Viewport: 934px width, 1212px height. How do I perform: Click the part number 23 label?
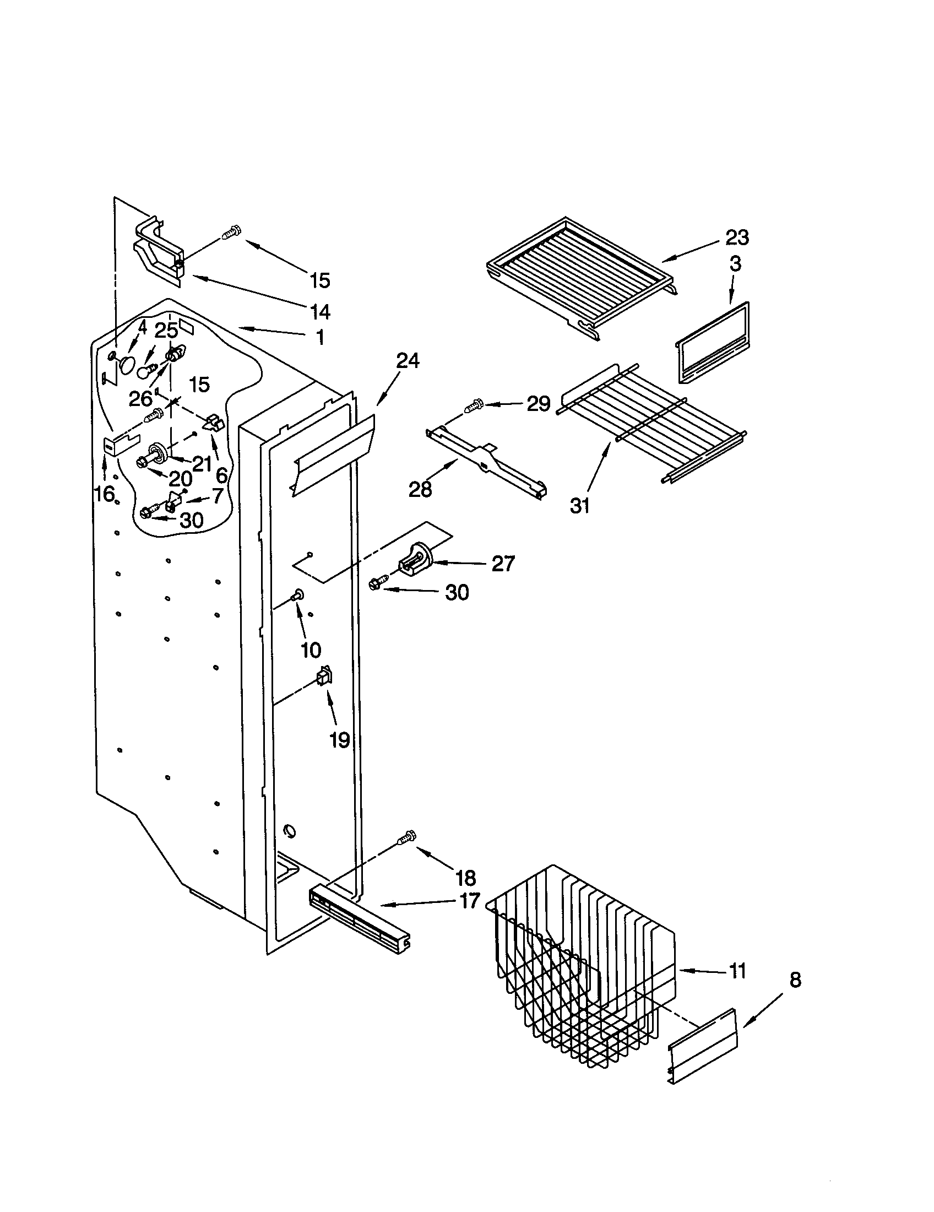click(737, 237)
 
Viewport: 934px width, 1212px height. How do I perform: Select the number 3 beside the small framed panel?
click(735, 264)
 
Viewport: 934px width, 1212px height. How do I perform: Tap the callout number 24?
click(408, 361)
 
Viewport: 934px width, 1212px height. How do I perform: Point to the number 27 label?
click(503, 564)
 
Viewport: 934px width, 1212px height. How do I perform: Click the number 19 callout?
click(339, 740)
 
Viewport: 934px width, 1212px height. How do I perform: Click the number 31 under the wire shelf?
click(580, 506)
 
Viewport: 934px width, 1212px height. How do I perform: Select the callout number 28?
click(420, 489)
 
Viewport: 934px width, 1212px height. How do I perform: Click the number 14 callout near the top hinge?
click(320, 312)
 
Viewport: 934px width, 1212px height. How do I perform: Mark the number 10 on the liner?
click(311, 650)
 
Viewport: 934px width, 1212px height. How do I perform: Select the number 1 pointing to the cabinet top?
click(320, 337)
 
